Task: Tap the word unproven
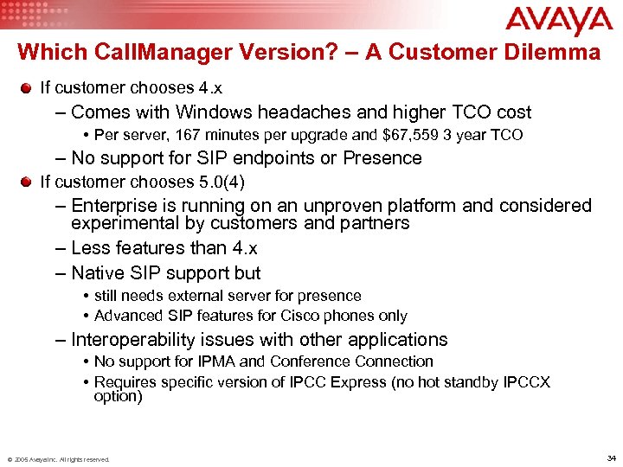[330, 206]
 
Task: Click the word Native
[98, 273]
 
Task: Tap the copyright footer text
[58, 459]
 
